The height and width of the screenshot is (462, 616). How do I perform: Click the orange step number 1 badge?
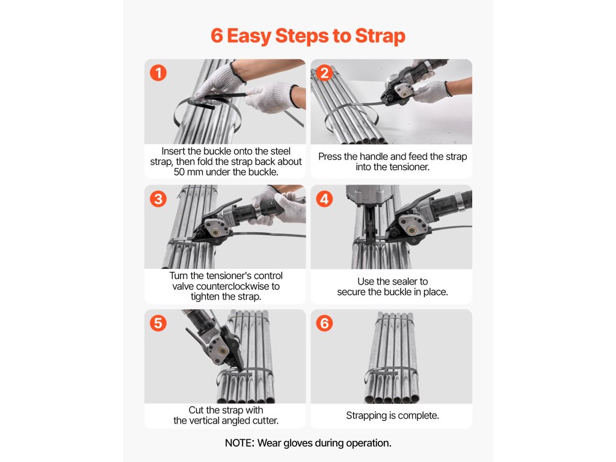click(x=158, y=73)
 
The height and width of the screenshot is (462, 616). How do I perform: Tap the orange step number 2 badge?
click(x=324, y=73)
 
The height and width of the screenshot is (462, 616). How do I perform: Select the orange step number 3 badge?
click(x=158, y=199)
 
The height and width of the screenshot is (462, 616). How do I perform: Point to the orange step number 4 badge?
click(x=324, y=199)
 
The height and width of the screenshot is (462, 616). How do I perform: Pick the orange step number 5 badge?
click(x=158, y=323)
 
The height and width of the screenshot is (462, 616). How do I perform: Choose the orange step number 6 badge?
click(x=324, y=323)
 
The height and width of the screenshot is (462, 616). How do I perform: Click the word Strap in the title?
click(x=380, y=36)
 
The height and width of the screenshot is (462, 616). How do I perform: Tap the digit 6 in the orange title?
click(x=217, y=35)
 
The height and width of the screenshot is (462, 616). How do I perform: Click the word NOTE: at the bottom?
click(x=239, y=443)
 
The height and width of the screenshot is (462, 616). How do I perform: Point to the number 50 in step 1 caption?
click(x=179, y=172)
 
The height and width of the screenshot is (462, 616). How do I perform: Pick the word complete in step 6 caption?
click(x=419, y=416)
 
